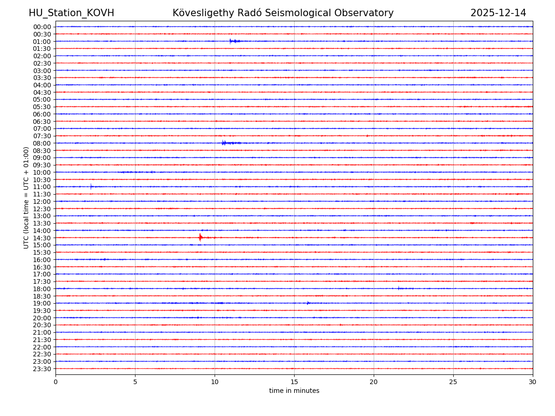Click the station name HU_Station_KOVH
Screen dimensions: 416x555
[71, 13]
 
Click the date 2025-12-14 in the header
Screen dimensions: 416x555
[498, 13]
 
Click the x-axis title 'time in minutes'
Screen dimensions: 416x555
[294, 391]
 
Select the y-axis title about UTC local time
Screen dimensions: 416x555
[26, 197]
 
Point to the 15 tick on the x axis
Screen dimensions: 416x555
[294, 382]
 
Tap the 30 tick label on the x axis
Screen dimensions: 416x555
[533, 382]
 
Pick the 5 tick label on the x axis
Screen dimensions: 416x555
[135, 382]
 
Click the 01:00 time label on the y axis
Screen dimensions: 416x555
[42, 42]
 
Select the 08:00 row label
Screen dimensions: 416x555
[42, 143]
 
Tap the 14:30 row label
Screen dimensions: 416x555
[42, 238]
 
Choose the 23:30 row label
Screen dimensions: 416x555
[42, 369]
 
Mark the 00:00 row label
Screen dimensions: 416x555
[42, 27]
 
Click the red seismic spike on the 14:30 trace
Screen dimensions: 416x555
[200, 237]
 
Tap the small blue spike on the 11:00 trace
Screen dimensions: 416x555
[91, 186]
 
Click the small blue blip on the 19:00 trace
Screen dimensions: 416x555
[308, 303]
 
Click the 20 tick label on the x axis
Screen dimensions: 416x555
[374, 382]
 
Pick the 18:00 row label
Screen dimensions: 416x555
[42, 289]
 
